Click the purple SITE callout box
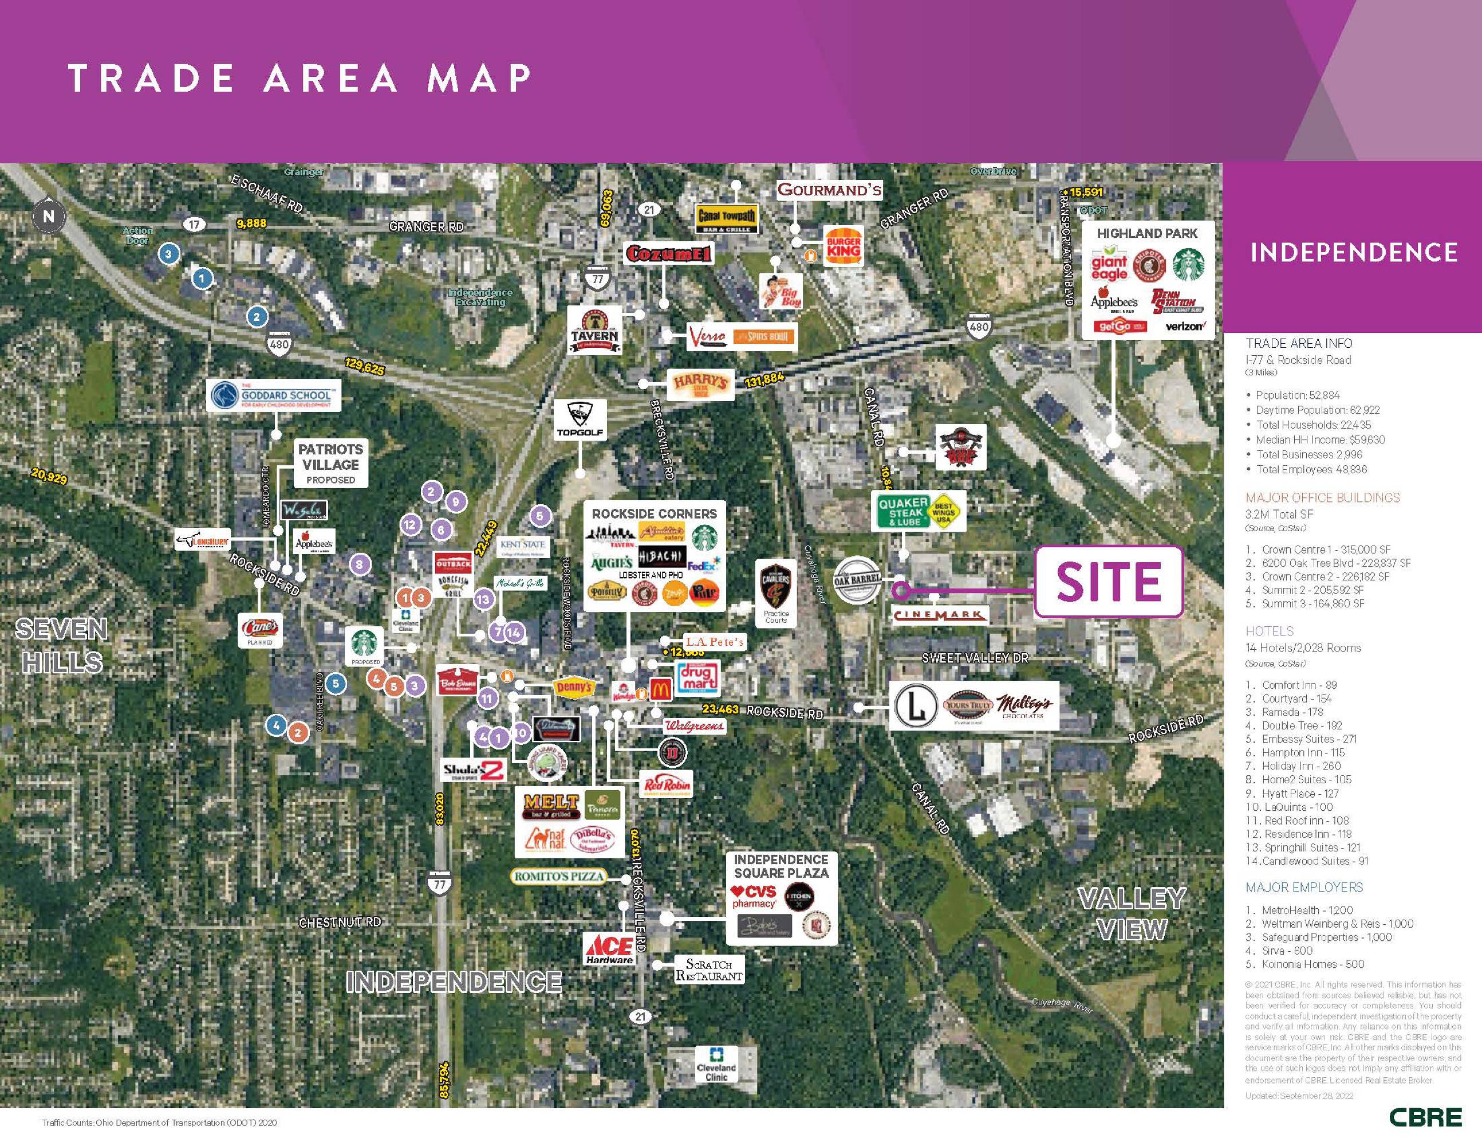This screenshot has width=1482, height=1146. coord(1108,582)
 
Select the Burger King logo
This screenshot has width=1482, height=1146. coord(844,246)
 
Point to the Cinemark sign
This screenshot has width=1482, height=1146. coord(939,615)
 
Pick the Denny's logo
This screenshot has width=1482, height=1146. coord(574,687)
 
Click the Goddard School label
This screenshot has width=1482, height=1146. coord(274,396)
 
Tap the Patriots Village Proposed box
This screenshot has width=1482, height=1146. coord(330,464)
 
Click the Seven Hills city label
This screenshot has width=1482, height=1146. coord(61,646)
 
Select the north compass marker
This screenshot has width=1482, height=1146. coord(48,217)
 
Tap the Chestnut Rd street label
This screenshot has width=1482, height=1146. coord(340,923)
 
